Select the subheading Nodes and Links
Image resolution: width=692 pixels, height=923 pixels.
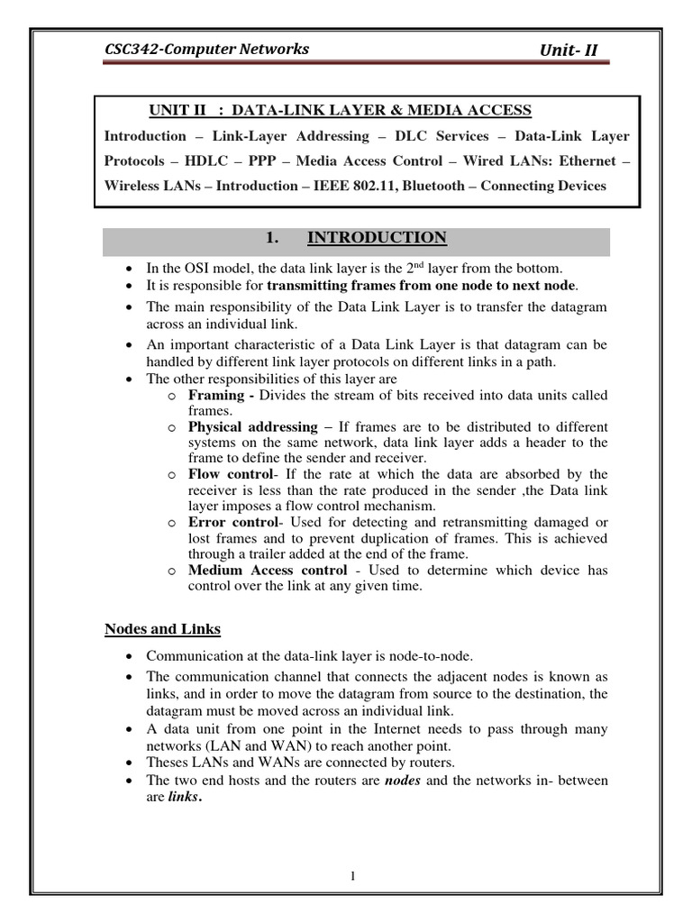click(x=163, y=628)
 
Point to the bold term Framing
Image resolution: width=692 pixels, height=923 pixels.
click(x=216, y=395)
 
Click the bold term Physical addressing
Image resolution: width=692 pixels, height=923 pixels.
click(x=252, y=426)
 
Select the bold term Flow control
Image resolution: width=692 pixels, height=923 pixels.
click(x=229, y=473)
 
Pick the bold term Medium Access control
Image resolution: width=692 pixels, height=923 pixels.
click(x=267, y=571)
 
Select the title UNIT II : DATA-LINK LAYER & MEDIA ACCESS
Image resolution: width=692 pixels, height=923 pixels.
click(x=340, y=111)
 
